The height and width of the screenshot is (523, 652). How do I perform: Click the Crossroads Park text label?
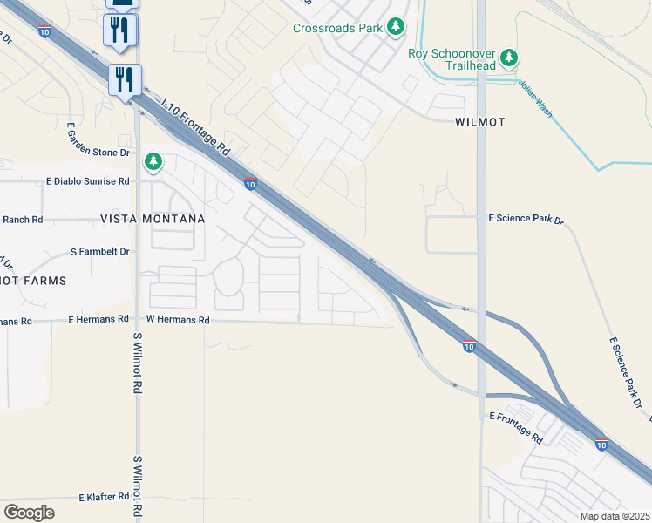pos(338,28)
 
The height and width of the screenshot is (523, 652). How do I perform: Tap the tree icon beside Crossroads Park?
pos(397,27)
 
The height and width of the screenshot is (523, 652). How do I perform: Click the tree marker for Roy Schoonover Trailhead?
pos(510,59)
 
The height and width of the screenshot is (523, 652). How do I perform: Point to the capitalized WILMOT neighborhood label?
pos(479,122)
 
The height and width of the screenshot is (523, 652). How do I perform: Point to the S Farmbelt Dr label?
pos(99,251)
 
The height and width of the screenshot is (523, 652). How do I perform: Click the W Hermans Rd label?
pos(178,320)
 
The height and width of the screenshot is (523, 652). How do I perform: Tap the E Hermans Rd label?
pos(98,320)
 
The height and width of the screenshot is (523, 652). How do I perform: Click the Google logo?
pos(29,512)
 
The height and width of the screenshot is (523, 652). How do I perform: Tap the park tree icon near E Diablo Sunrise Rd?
pos(153,161)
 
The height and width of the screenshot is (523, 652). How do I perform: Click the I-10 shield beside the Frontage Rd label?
pos(250,184)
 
